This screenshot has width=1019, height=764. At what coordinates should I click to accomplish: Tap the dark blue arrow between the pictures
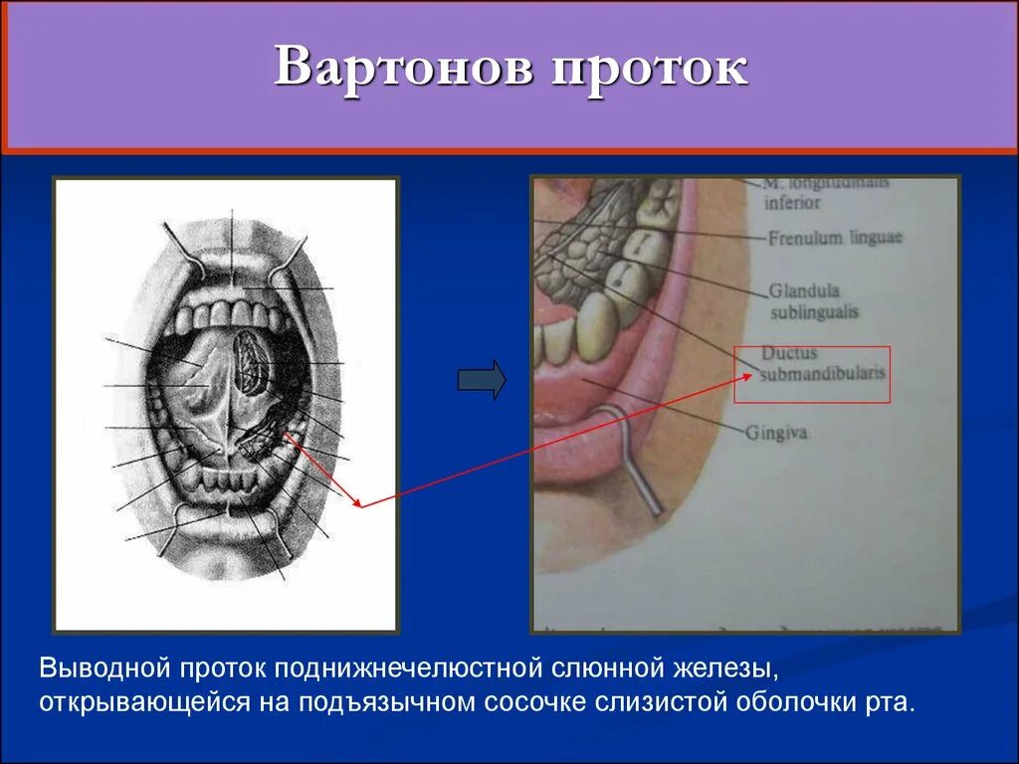point(482,380)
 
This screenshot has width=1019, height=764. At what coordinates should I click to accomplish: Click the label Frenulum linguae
point(834,238)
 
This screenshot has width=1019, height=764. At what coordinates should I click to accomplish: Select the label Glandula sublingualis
point(812,300)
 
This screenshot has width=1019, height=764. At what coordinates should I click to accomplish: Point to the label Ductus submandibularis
point(822,364)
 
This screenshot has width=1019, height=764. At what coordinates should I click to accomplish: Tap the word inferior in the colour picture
point(792,202)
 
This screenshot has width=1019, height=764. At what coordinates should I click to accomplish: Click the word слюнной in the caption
point(606,664)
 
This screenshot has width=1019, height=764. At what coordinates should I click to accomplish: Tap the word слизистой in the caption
point(663,702)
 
